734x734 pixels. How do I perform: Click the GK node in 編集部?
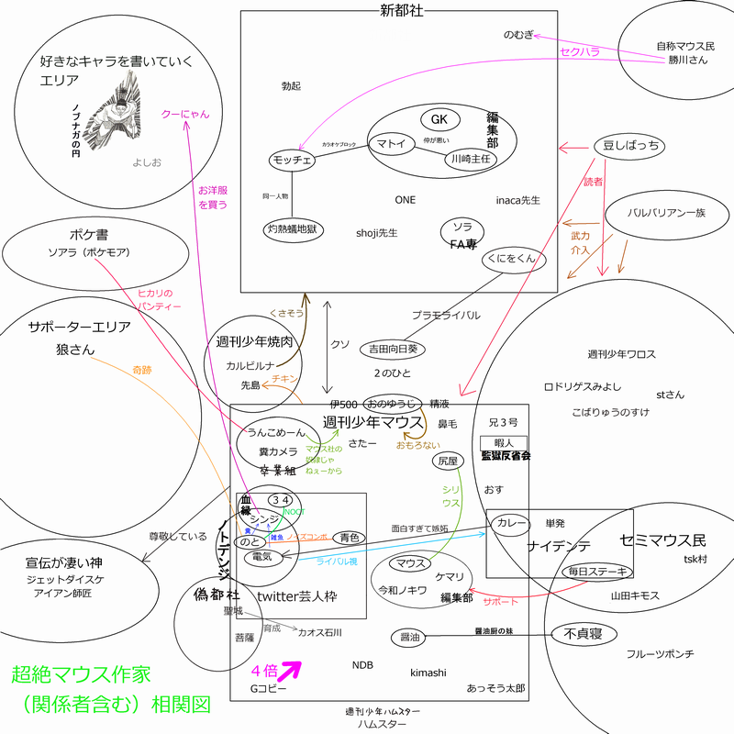[439, 120]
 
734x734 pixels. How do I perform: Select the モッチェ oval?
[292, 161]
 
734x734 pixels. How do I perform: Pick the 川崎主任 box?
[470, 158]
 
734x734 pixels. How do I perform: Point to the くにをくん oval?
[514, 261]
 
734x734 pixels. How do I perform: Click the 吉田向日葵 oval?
[393, 349]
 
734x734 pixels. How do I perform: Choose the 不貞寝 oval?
[583, 633]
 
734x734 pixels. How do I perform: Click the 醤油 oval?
[410, 637]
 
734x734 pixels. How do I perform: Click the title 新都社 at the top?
[398, 10]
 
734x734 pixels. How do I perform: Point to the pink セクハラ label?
[580, 52]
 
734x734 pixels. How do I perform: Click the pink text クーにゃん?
[185, 114]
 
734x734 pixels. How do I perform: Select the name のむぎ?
[517, 35]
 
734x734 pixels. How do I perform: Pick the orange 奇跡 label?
[142, 370]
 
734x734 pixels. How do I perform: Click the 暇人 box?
[504, 442]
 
